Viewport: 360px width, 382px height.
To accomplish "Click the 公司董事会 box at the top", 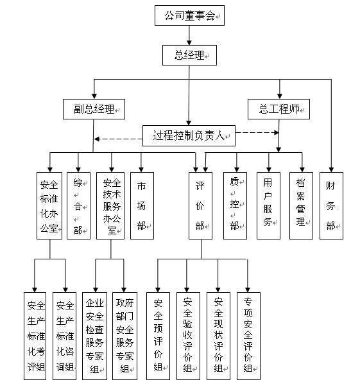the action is (x=189, y=15).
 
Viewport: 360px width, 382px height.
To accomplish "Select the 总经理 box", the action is (x=189, y=55).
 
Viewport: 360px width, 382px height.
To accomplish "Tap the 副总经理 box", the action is (x=94, y=109).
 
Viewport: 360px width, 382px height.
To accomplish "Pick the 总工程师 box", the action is (x=279, y=109).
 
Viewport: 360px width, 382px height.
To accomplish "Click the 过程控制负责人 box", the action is (x=189, y=135).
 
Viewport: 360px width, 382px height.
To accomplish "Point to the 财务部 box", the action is (x=332, y=205).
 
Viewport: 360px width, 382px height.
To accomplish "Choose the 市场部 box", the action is (x=142, y=205).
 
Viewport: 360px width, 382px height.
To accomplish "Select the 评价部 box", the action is (x=200, y=205).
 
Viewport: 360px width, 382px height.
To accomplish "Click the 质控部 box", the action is (x=236, y=205).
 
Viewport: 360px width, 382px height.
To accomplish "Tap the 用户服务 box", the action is (x=268, y=205).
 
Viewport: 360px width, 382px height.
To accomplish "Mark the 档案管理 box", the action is (x=302, y=205).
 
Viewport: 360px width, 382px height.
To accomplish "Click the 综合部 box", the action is (x=79, y=205).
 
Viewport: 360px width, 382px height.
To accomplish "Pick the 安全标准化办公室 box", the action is (x=49, y=205).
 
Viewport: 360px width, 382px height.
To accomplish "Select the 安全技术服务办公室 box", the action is (x=110, y=205).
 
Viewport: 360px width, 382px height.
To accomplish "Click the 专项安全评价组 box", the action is (x=249, y=336).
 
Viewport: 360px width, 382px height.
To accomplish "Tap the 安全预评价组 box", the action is (x=158, y=336).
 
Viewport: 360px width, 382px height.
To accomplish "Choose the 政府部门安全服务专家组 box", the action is (x=124, y=336).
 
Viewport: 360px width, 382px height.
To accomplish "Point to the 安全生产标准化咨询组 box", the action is (x=65, y=336).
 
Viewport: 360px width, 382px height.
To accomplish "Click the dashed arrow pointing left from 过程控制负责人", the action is (x=118, y=139).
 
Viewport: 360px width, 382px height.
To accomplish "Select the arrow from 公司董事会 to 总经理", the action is (x=189, y=35).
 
